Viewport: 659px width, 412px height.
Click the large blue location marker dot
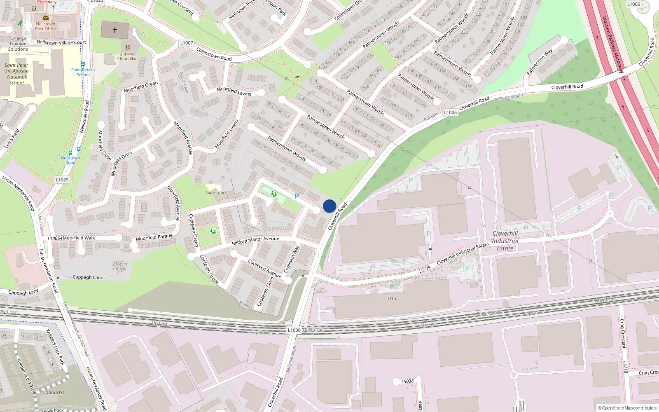[329, 206]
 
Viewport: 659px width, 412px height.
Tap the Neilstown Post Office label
[45, 26]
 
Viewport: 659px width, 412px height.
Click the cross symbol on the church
[115, 30]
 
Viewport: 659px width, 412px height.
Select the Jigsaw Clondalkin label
[127, 56]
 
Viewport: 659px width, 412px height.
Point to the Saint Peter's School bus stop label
[83, 72]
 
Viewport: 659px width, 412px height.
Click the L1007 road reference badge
[187, 43]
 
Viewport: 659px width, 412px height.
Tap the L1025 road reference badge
[62, 180]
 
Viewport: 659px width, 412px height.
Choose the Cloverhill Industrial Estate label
[505, 241]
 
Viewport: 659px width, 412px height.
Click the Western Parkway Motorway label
[613, 44]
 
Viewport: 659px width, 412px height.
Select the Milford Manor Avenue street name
[255, 241]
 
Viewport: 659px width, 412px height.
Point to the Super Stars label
[216, 192]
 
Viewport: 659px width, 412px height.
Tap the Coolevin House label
[119, 267]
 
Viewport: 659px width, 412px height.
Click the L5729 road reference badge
[425, 269]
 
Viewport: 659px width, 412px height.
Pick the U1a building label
[392, 299]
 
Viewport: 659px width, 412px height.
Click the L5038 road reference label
[408, 382]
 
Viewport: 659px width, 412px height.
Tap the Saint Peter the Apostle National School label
[16, 74]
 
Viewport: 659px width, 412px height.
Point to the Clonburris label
[53, 392]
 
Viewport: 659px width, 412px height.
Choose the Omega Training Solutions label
[18, 44]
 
